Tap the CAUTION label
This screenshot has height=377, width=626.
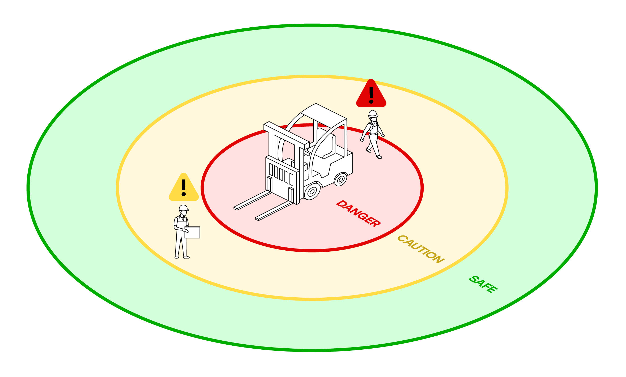(x=421, y=249)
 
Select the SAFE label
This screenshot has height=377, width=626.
(x=483, y=284)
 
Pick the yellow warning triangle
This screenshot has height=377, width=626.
(x=184, y=187)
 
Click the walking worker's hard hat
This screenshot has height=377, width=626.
(x=373, y=114)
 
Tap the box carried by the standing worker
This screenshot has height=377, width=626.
(x=192, y=232)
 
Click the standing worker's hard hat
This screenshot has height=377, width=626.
(x=184, y=208)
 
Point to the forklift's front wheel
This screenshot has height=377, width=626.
(x=312, y=191)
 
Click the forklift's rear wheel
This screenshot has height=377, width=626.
(x=340, y=179)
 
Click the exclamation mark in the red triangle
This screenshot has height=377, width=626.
(x=371, y=95)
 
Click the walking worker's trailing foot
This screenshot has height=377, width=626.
(x=368, y=150)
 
